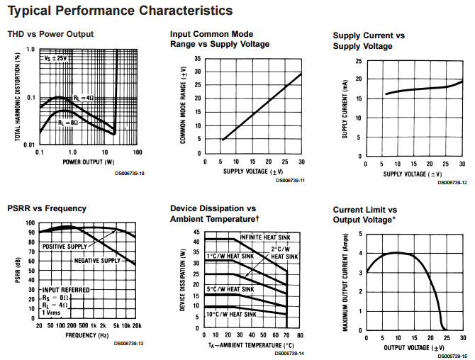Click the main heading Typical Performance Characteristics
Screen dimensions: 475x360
click(120, 11)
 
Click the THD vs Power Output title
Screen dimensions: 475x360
click(50, 34)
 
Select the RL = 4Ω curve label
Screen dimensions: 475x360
click(84, 98)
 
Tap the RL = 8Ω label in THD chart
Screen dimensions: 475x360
click(68, 123)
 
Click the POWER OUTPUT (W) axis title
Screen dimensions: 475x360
click(89, 162)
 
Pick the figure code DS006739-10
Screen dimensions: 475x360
click(130, 174)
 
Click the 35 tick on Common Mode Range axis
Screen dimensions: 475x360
click(198, 58)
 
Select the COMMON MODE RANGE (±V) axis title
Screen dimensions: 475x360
click(183, 105)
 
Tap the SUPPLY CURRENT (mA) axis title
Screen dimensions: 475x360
click(345, 109)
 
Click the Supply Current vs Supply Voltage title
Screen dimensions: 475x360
click(369, 41)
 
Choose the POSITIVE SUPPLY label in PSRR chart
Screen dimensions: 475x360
click(65, 247)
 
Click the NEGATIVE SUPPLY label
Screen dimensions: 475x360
click(97, 260)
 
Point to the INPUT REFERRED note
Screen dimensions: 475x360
click(66, 290)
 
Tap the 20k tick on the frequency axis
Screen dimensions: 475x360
click(137, 326)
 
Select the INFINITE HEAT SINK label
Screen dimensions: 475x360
click(265, 237)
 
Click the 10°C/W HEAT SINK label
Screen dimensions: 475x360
click(231, 314)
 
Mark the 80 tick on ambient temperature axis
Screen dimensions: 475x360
click(300, 335)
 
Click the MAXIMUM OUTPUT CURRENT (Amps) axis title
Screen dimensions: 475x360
click(345, 282)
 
